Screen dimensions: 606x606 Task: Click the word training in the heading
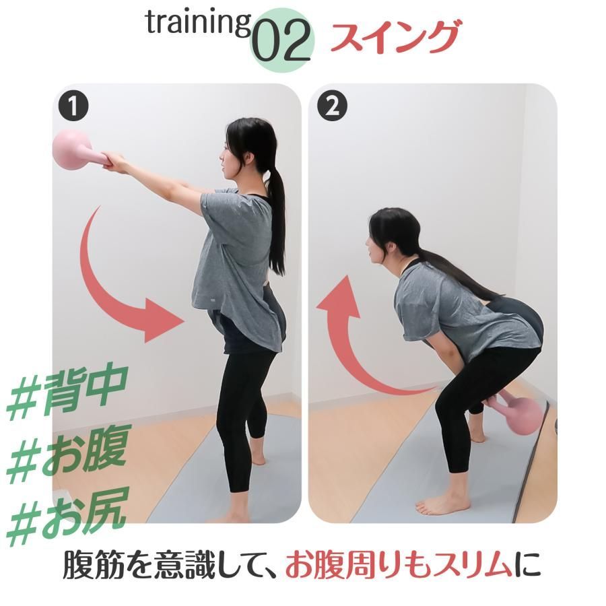[x=198, y=24]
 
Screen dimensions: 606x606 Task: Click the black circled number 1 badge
[x=73, y=106]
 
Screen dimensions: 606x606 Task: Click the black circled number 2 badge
[x=332, y=106]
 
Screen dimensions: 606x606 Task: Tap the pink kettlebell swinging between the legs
[x=518, y=413]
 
